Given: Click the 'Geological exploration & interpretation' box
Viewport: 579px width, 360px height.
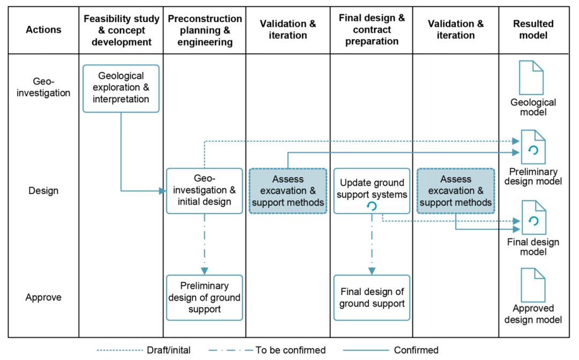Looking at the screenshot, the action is (121, 88).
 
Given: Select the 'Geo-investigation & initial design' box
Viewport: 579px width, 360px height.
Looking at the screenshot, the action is (205, 191).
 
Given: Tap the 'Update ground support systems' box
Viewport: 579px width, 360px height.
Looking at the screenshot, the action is (372, 191).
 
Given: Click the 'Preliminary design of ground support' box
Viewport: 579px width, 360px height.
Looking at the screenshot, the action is (205, 298).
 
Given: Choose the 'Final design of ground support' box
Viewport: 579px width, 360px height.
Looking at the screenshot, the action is (372, 298).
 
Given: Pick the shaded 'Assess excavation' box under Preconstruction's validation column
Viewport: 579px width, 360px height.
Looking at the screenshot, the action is (288, 191).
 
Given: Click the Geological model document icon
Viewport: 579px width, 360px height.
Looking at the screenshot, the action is (531, 78).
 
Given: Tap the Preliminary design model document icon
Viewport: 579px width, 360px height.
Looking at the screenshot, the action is (533, 147).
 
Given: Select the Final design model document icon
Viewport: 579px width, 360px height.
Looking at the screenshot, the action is (533, 217).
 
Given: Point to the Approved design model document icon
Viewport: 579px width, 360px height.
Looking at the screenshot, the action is (533, 285).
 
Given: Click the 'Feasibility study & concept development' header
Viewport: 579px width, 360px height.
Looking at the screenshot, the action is (122, 30).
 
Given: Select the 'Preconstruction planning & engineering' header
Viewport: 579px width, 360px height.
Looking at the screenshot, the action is (205, 30).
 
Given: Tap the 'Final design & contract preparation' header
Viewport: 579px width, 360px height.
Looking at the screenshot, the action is (372, 29).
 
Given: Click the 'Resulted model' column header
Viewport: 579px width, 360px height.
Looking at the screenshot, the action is (533, 29).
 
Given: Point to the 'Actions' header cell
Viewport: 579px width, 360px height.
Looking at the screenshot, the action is (43, 29).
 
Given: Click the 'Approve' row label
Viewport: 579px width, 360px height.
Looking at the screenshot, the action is (43, 297).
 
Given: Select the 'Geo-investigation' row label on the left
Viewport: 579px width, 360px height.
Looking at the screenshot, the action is (43, 87).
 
